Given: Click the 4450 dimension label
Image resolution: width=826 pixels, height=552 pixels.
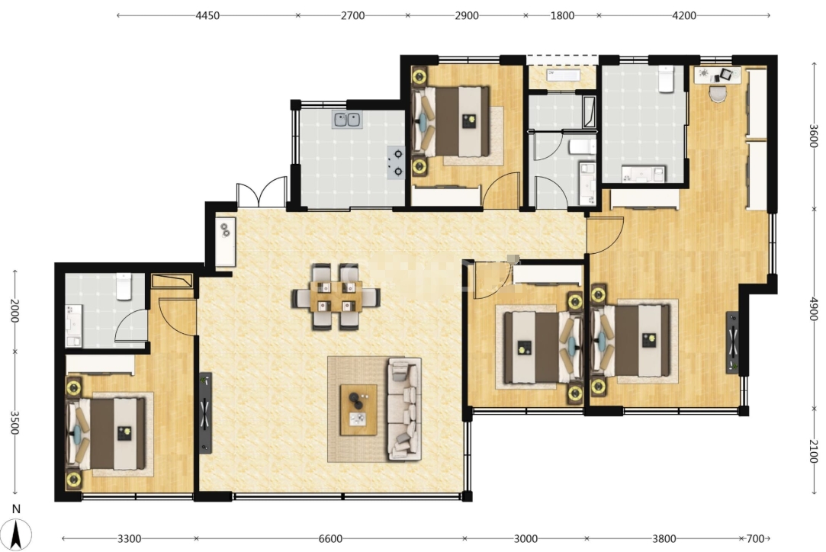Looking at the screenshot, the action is click(207, 15).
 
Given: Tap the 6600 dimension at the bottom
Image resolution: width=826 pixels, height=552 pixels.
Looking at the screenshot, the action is click(330, 538).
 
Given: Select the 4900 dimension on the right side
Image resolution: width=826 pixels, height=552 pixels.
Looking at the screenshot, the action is click(813, 309).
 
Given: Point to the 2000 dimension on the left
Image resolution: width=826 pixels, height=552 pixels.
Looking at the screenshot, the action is click(14, 311).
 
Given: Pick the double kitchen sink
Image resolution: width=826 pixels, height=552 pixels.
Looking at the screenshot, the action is click(346, 120).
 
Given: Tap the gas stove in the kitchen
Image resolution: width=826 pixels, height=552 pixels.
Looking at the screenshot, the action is click(396, 162).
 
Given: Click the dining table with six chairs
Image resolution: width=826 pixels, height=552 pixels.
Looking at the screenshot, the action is click(336, 297).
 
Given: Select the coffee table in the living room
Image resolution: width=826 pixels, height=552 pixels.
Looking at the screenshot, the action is click(358, 409).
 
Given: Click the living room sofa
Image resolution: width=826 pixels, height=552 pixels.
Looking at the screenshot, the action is click(404, 409).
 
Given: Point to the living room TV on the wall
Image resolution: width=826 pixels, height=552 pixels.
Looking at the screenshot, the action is click(205, 413).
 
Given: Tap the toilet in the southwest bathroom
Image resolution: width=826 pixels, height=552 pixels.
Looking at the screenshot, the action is click(124, 287).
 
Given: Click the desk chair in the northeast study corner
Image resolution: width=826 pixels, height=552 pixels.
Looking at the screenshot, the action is click(718, 93).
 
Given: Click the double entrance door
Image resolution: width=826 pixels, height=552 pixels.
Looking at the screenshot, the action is click(262, 194).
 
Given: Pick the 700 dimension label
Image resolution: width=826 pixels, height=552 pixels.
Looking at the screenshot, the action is click(755, 538).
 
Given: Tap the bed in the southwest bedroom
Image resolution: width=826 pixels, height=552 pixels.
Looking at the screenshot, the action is click(105, 434).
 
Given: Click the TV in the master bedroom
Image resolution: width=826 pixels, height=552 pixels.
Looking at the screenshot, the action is click(732, 342).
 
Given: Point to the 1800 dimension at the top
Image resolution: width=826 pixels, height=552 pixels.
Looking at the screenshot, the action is click(562, 15).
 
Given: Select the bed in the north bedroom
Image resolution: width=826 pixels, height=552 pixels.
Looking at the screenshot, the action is click(451, 122).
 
